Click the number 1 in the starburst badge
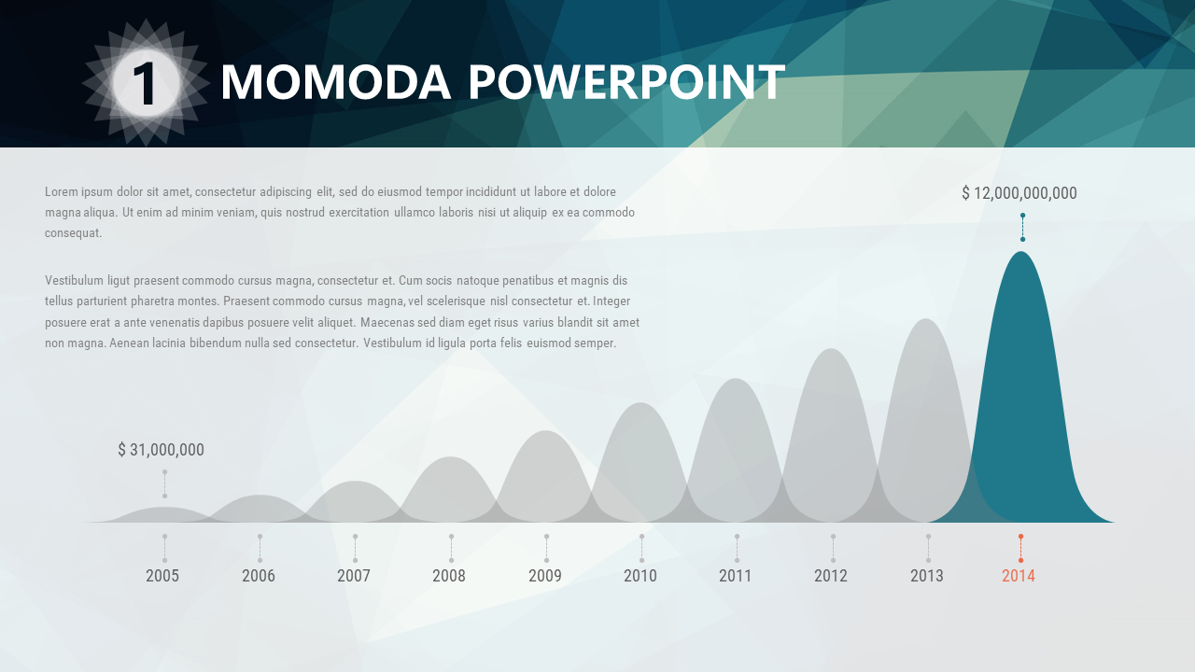tap(144, 83)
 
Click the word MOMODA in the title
tap(335, 82)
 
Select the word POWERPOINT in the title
tap(626, 82)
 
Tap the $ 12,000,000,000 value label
tap(1019, 193)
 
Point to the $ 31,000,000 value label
tap(161, 450)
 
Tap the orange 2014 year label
tap(1018, 576)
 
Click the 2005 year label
tap(162, 576)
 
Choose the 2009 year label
tap(544, 576)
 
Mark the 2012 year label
tap(831, 576)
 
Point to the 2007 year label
tap(353, 576)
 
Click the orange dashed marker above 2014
tap(1020, 548)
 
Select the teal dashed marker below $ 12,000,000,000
tap(1022, 227)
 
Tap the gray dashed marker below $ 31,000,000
tap(165, 484)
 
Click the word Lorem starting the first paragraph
tap(62, 191)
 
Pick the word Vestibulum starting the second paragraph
tap(74, 281)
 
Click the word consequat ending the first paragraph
tap(73, 233)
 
